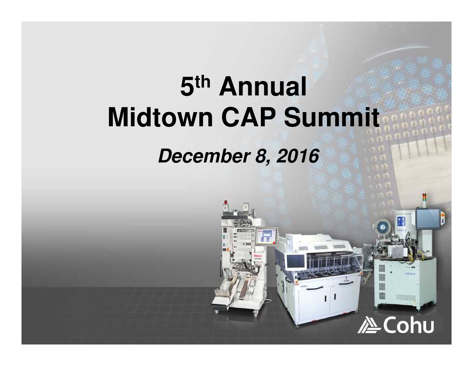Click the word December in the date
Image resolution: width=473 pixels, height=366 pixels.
[203, 156]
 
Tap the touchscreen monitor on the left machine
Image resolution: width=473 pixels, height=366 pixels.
[267, 235]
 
